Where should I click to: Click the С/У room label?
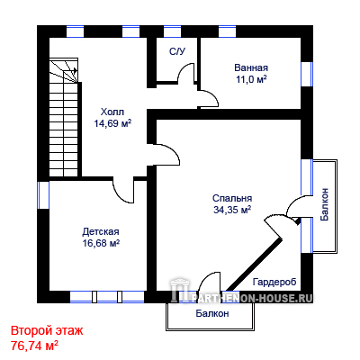(x=177, y=51)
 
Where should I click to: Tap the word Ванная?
(x=251, y=67)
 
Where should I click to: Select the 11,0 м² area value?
(x=251, y=79)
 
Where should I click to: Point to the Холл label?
(x=112, y=112)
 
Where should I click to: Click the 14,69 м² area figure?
(x=112, y=123)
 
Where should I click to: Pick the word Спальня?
(x=232, y=198)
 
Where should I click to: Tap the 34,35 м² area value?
(x=232, y=210)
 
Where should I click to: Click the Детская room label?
(x=101, y=231)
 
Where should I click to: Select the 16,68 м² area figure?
(x=101, y=243)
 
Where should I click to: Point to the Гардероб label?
(x=274, y=282)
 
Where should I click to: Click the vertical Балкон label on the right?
(x=324, y=204)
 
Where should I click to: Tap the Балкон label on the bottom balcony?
(x=212, y=313)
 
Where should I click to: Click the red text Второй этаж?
(x=47, y=331)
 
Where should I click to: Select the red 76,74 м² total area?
(x=34, y=346)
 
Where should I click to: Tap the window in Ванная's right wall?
(x=307, y=75)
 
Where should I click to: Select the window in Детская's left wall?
(x=43, y=195)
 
